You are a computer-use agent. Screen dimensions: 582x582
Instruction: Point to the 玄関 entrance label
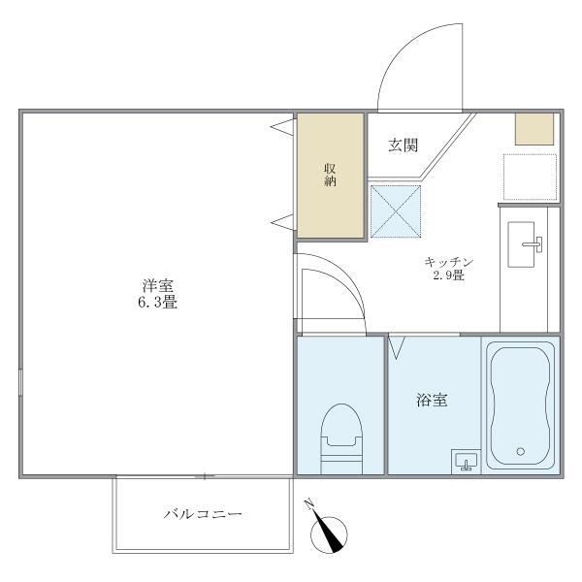(x=403, y=145)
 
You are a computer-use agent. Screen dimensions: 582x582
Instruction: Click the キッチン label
(x=446, y=262)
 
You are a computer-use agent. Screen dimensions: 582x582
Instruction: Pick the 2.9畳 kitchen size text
(x=448, y=276)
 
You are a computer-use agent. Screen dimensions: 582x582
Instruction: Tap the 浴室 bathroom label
(x=433, y=399)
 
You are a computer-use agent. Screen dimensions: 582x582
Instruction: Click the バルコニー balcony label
(x=203, y=513)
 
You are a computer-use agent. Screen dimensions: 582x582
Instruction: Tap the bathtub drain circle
(x=521, y=451)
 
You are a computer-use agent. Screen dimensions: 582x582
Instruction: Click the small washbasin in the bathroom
(x=466, y=462)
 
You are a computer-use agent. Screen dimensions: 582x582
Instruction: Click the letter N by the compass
(x=309, y=504)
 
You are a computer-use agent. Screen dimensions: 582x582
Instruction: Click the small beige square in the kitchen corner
(x=533, y=129)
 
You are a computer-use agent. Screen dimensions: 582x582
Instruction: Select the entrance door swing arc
(x=412, y=68)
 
